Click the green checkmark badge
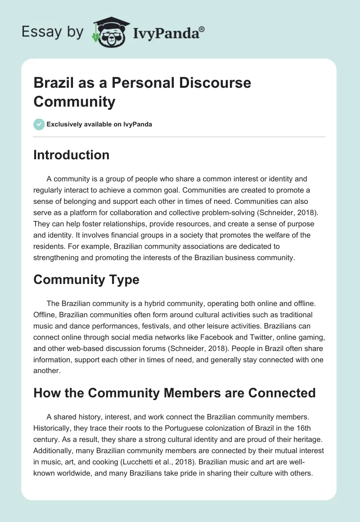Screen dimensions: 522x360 39,124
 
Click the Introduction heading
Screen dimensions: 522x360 72,155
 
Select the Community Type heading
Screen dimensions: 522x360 86,279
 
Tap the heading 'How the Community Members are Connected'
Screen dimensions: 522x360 175,393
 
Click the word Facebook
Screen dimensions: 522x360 227,336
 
